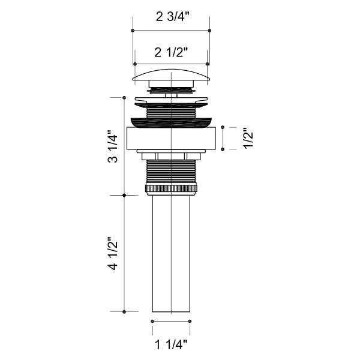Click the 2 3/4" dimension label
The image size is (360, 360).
pyautogui.click(x=172, y=17)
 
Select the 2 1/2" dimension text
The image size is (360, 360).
pyautogui.click(x=171, y=52)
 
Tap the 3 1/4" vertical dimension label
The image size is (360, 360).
pyautogui.click(x=113, y=146)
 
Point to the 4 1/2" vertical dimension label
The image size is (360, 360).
pyautogui.click(x=113, y=253)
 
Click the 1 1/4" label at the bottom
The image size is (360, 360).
pyautogui.click(x=171, y=344)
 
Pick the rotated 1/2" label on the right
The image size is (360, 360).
pyautogui.click(x=248, y=138)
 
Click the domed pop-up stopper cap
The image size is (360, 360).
pyautogui.click(x=171, y=75)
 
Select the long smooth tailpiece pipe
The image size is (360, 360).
pyautogui.click(x=171, y=254)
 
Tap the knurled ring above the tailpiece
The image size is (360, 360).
pyautogui.click(x=171, y=188)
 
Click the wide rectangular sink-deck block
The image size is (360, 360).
pyautogui.click(x=171, y=138)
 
